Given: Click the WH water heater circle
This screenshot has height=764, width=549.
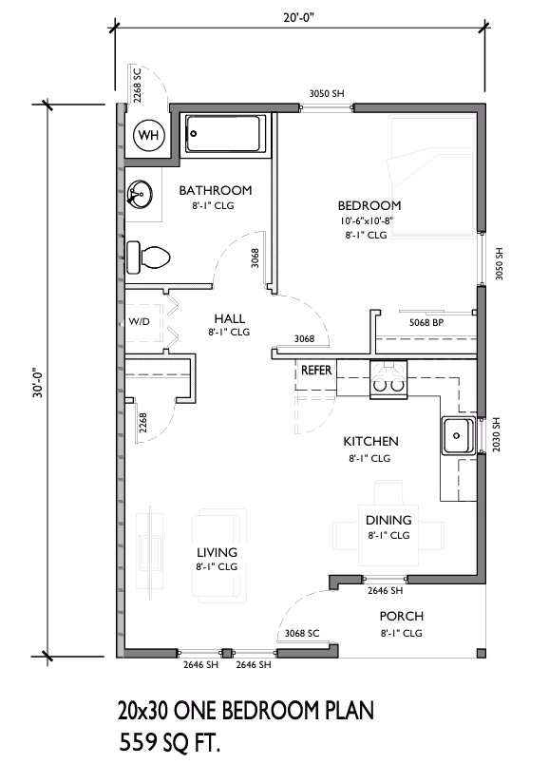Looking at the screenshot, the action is pos(148,135).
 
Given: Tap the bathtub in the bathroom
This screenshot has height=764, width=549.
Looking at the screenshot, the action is pos(225,133).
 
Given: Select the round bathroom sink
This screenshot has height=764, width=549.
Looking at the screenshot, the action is pos(140,194).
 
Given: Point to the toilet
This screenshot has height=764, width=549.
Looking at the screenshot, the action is pos(147,257).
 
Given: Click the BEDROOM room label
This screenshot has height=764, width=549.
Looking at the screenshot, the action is pos(369,205).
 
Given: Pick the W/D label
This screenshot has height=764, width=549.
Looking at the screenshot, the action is pos(139,321).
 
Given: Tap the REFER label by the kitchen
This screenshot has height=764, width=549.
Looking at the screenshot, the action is pos(316,371).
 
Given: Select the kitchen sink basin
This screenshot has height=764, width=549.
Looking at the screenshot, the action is pos(458,435).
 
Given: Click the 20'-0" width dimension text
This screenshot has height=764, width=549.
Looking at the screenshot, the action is pos(298,18).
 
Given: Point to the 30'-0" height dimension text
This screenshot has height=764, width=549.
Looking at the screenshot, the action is pos(38,381).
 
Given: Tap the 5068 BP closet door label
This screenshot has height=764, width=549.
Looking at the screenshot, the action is pos(426,322).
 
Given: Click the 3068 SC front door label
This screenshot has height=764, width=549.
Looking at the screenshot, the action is pos(302,633).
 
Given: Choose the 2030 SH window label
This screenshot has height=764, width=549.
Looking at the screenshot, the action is pos(496,434).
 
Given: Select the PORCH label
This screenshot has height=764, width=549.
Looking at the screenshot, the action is pos(402,617).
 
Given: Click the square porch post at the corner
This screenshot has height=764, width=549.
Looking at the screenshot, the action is pos(481,654).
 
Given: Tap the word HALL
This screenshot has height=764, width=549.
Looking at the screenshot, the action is pos(230,318).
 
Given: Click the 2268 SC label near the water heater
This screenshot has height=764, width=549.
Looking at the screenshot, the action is pos(137,85).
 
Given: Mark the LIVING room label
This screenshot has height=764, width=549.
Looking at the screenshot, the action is pos(217,552).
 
